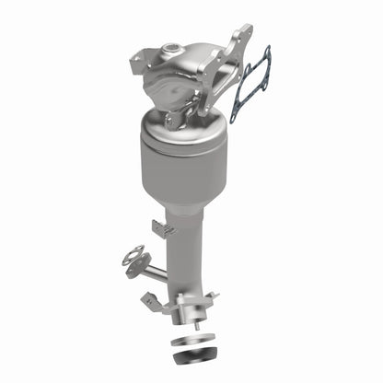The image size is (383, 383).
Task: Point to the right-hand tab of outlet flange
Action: click(213, 299)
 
